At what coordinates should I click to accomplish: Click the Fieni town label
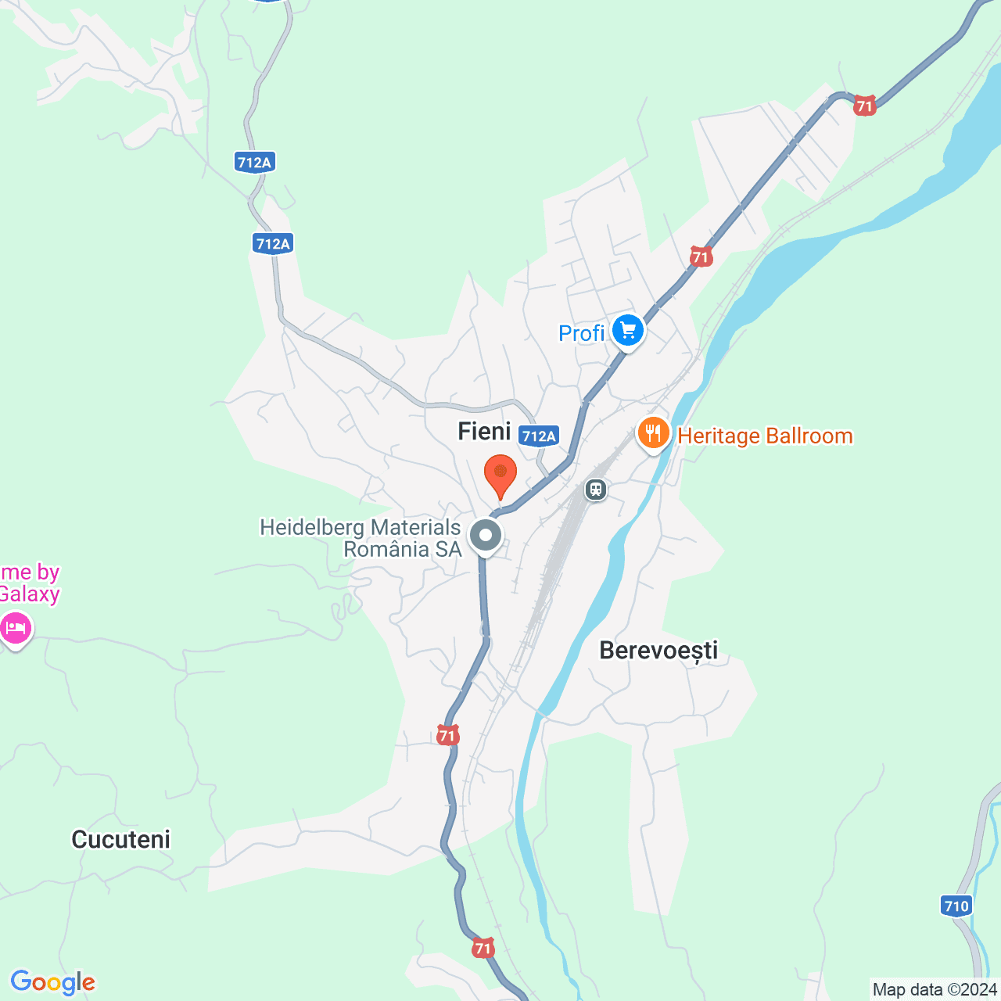click(484, 431)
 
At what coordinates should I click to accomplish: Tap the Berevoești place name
click(658, 650)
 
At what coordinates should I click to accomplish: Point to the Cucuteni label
click(120, 839)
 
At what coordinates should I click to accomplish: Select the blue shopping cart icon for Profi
click(628, 330)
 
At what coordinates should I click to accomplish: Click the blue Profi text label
click(581, 333)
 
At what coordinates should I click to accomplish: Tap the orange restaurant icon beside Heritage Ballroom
click(653, 432)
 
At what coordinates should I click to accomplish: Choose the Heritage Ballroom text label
click(765, 436)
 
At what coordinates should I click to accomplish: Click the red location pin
click(500, 475)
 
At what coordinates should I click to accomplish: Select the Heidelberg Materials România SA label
click(361, 538)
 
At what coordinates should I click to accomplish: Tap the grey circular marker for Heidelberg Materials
click(486, 536)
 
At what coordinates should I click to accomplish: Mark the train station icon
click(596, 490)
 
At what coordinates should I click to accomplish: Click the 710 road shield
click(956, 906)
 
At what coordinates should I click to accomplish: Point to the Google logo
click(53, 982)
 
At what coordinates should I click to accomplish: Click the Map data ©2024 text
click(935, 989)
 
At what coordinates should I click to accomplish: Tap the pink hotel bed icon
click(16, 627)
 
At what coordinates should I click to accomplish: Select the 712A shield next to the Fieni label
click(539, 436)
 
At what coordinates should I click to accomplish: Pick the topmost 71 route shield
click(864, 106)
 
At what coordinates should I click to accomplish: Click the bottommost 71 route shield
click(483, 949)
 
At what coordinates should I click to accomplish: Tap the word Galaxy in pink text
click(30, 594)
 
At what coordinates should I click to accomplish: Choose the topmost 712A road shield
click(254, 162)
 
